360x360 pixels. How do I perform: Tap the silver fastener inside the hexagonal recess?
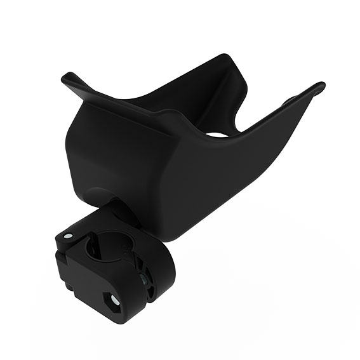[114, 298]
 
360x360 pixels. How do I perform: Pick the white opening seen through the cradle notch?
[217, 134]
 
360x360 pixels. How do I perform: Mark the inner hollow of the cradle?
[184, 102]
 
